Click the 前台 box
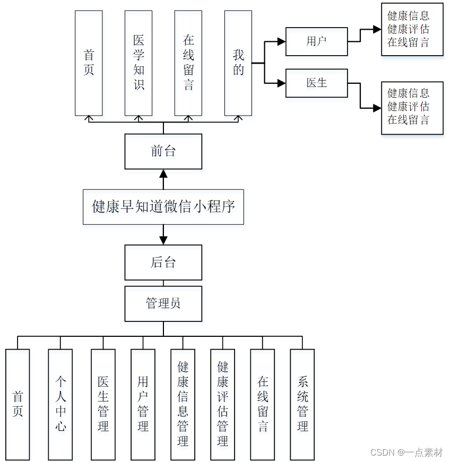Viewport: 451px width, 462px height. pos(163,152)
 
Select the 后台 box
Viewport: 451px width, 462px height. pos(163,262)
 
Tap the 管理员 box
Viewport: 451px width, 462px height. pos(163,303)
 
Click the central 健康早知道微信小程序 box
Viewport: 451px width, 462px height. pos(163,206)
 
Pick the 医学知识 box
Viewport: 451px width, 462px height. pos(138,63)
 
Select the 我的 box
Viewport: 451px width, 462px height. pos(238,63)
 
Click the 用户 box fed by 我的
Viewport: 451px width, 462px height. pos(316,41)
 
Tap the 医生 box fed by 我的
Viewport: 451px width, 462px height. pos(316,83)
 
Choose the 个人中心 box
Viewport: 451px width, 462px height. pos(60,404)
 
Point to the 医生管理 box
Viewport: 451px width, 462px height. pos(103,404)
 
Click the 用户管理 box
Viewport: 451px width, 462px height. pos(143,404)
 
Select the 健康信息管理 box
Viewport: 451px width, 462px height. pos(183,404)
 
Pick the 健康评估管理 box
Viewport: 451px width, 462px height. pos(223,404)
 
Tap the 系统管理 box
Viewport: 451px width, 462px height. pos(302,404)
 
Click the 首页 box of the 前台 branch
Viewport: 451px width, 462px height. pos(89,63)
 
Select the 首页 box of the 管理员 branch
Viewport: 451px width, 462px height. pos(18,404)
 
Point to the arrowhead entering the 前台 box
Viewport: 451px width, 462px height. pos(163,173)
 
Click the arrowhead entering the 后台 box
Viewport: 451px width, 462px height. pos(163,240)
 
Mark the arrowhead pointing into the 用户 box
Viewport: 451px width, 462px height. pos(281,41)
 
